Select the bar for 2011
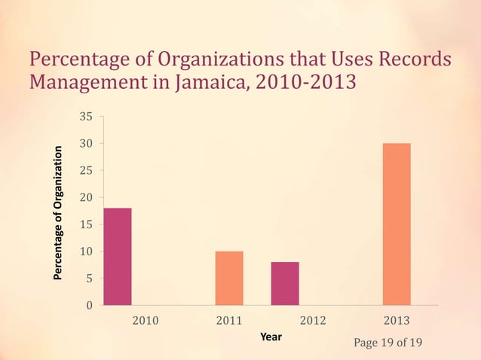click(x=229, y=278)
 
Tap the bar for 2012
click(x=285, y=283)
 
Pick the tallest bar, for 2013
click(x=397, y=224)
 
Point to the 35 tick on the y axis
click(x=87, y=117)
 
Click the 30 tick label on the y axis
click(x=87, y=143)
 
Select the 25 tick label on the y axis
click(x=87, y=170)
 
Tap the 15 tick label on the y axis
click(x=87, y=224)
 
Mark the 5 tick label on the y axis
click(x=90, y=279)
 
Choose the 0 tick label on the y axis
click(x=90, y=305)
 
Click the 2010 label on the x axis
click(x=146, y=322)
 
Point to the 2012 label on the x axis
click(x=313, y=322)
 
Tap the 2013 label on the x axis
click(x=397, y=322)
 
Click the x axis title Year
click(x=271, y=337)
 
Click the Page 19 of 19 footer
click(x=388, y=343)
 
